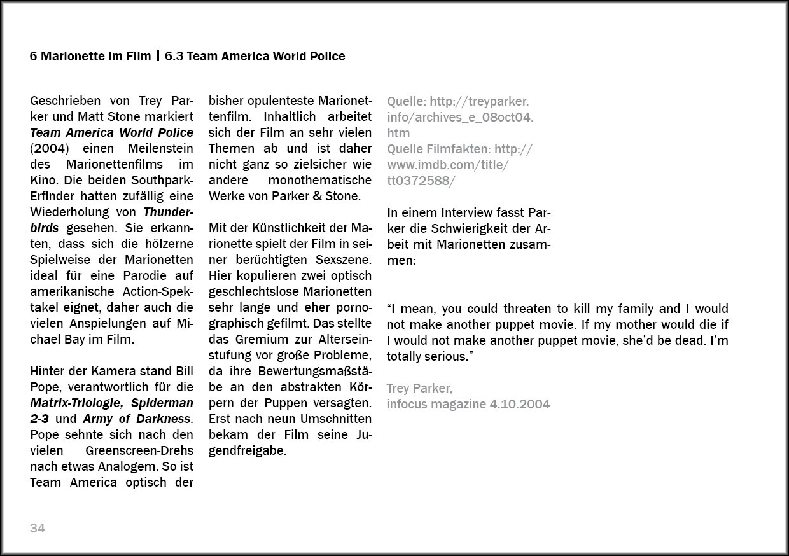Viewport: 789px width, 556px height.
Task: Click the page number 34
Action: (x=38, y=528)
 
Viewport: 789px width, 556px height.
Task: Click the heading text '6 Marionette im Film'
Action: (x=90, y=56)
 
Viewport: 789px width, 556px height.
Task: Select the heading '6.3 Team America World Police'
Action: (x=255, y=56)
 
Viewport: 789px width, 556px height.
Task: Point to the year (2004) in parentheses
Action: (x=49, y=148)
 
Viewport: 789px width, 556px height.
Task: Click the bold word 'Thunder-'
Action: (x=169, y=212)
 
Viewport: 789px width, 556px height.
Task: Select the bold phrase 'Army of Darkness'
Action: (x=137, y=419)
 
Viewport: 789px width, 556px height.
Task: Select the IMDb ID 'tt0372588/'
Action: (x=421, y=181)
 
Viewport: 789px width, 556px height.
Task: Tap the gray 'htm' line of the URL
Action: (x=398, y=134)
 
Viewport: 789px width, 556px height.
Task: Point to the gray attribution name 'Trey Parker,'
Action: (x=419, y=388)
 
